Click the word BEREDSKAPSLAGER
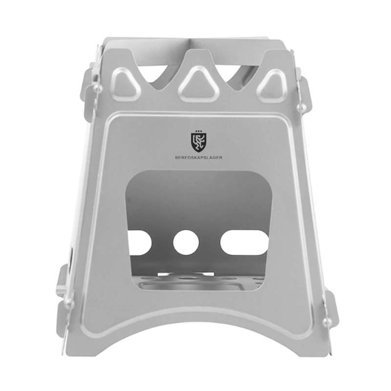pyautogui.click(x=198, y=157)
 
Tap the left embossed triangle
pyautogui.click(x=127, y=84)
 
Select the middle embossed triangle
pyautogui.click(x=199, y=84)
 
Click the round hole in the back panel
pyautogui.click(x=186, y=242)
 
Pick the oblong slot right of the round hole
pyautogui.click(x=244, y=242)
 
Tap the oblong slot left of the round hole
pyautogui.click(x=139, y=242)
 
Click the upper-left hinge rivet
pyautogui.click(x=97, y=87)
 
